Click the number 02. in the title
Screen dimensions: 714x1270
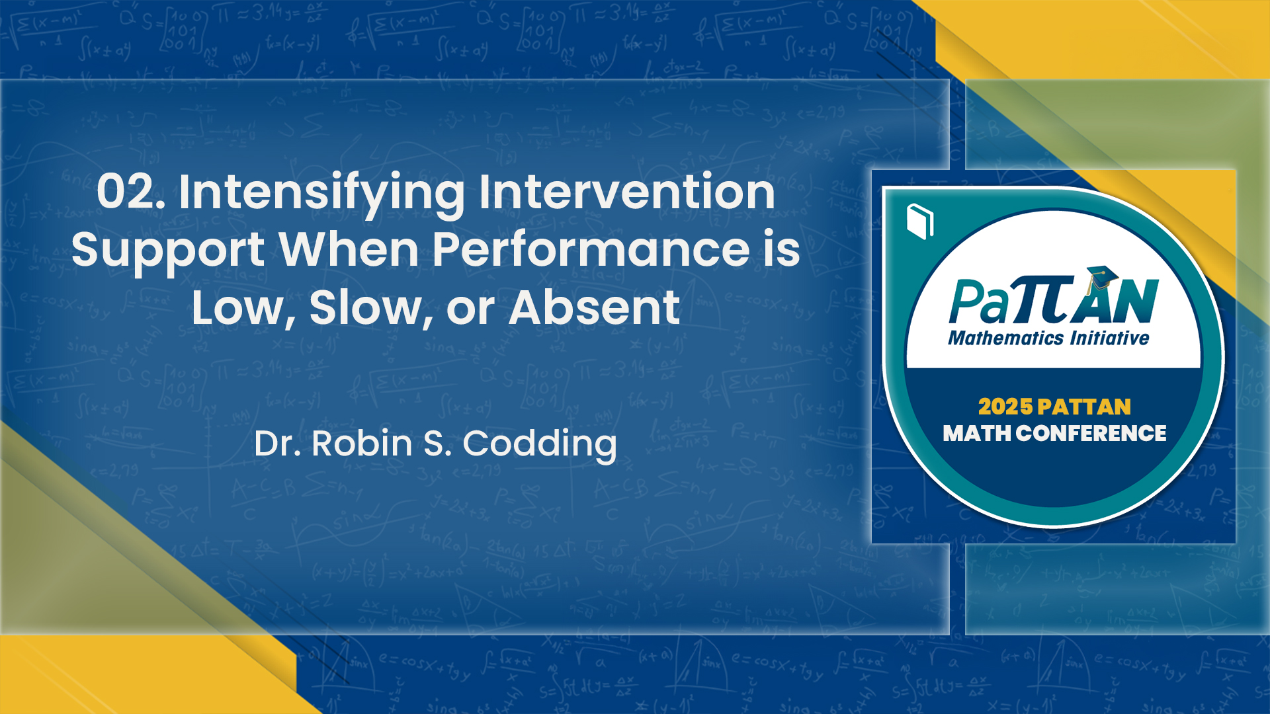click(x=131, y=192)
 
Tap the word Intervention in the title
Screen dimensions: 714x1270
click(x=626, y=192)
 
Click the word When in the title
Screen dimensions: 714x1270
click(x=349, y=250)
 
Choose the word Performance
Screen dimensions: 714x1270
click(x=591, y=250)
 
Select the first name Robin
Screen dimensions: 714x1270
click(x=362, y=444)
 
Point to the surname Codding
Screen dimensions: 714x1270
click(x=539, y=445)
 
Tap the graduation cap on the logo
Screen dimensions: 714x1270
click(x=1101, y=276)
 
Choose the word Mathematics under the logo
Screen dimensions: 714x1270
click(x=1005, y=338)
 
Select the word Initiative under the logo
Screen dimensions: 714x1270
click(x=1110, y=338)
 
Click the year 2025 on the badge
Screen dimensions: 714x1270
click(x=1005, y=407)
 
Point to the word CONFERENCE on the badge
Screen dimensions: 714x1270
click(x=1091, y=434)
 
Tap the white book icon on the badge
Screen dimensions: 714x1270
click(x=920, y=221)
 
